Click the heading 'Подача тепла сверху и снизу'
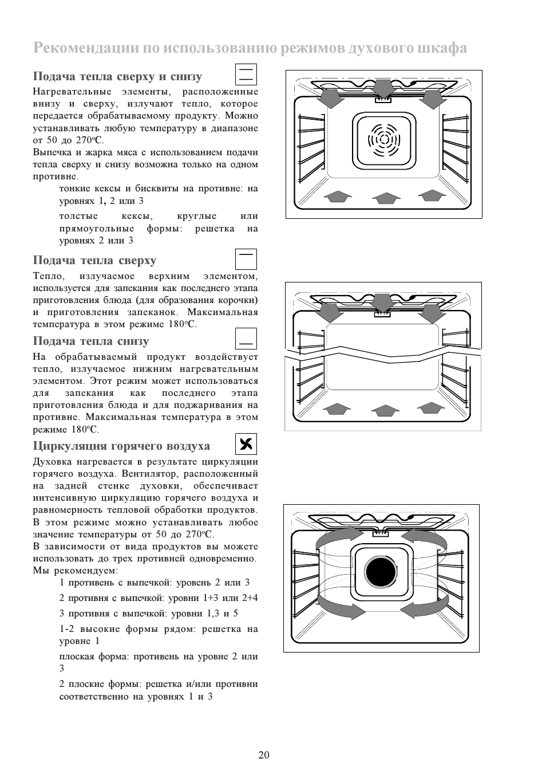[x=117, y=77]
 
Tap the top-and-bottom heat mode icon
[x=246, y=74]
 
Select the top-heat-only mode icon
[x=246, y=259]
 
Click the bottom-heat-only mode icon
[x=246, y=339]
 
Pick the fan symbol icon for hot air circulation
[x=246, y=444]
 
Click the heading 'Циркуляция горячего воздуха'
[x=121, y=446]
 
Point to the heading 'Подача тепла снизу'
[x=91, y=341]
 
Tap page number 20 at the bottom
[x=264, y=755]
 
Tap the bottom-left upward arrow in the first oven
[x=338, y=197]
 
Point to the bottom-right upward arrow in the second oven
[x=431, y=408]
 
